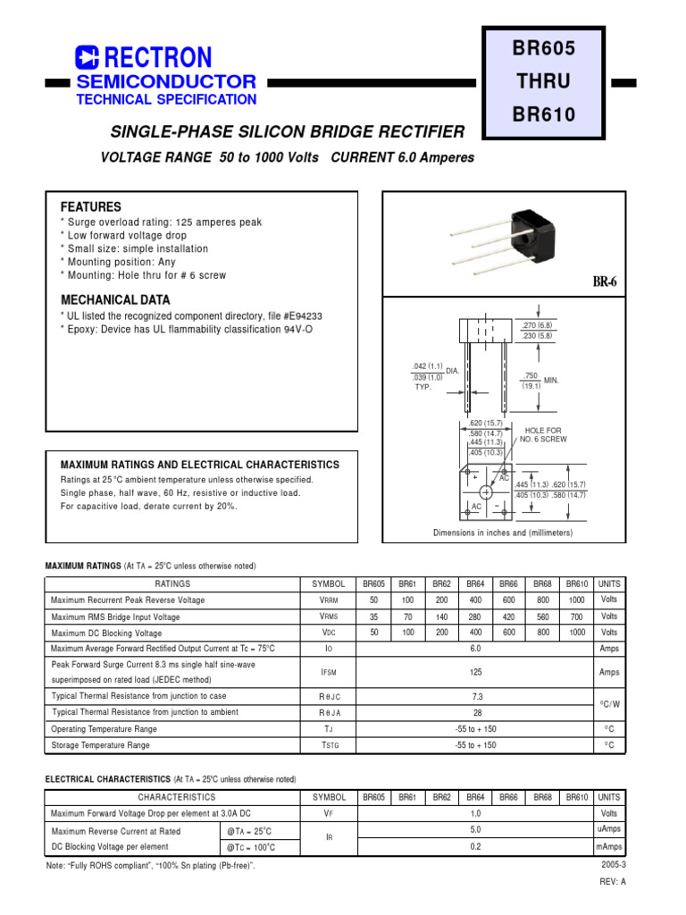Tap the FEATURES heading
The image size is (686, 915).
click(90, 206)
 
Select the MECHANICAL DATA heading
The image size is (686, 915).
click(114, 300)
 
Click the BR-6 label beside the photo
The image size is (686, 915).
click(605, 282)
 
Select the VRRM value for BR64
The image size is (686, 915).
click(474, 600)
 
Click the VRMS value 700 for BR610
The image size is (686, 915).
click(576, 617)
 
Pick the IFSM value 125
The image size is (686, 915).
click(475, 673)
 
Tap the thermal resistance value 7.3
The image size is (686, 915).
click(475, 696)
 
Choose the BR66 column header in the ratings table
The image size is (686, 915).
click(508, 583)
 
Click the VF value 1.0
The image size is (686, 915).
click(475, 813)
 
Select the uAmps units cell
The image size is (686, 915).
click(609, 830)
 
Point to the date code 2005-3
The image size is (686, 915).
click(615, 865)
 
